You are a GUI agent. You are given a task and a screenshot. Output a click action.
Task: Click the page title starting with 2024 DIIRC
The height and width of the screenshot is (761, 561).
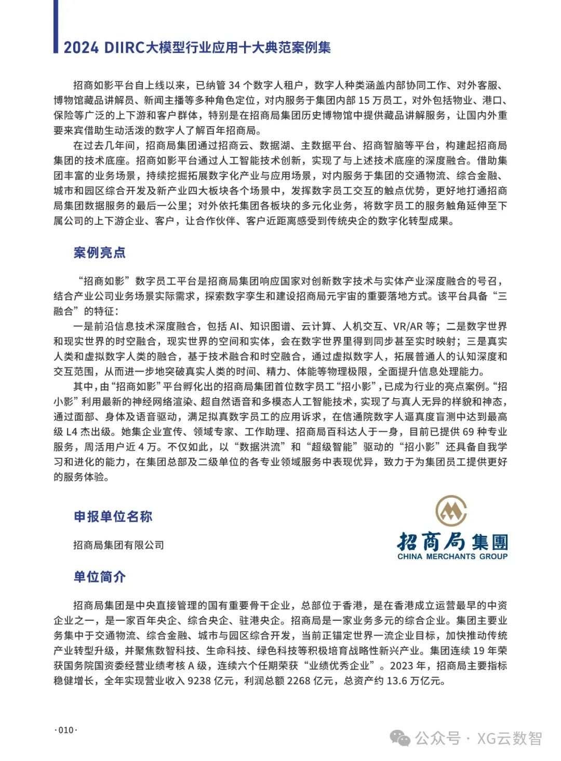coord(197,48)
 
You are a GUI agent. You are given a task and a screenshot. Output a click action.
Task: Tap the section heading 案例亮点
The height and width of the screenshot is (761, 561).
coord(99,253)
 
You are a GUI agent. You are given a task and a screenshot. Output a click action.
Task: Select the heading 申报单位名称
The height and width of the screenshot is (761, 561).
coord(113,517)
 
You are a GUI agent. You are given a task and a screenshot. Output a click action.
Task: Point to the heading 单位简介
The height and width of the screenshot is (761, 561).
coord(99,577)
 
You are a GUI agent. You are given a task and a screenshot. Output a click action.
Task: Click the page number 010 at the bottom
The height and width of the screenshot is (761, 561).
coord(66,730)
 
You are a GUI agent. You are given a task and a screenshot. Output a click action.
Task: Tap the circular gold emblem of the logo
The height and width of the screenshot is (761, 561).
coord(451,511)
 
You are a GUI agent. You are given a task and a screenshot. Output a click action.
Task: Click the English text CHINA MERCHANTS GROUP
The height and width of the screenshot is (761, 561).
coord(452,556)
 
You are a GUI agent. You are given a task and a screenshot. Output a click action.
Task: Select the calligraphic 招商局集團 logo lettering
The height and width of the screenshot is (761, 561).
coord(452,541)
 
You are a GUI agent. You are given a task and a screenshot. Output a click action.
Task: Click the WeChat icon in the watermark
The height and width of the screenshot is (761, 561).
coord(400,738)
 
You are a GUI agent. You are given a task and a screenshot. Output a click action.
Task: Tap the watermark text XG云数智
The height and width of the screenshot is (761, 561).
coord(510,738)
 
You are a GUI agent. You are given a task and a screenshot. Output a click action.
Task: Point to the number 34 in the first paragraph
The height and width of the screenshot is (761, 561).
coord(234,85)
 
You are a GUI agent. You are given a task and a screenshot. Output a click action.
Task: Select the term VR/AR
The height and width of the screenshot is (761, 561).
coord(408,327)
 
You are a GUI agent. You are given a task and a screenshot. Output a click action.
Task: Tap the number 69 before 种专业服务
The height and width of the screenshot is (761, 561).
coord(468,432)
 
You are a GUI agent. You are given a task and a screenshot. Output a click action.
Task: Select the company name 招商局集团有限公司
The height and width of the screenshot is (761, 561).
coord(118,545)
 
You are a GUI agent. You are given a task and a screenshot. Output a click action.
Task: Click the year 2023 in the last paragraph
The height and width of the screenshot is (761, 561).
coord(400,665)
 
